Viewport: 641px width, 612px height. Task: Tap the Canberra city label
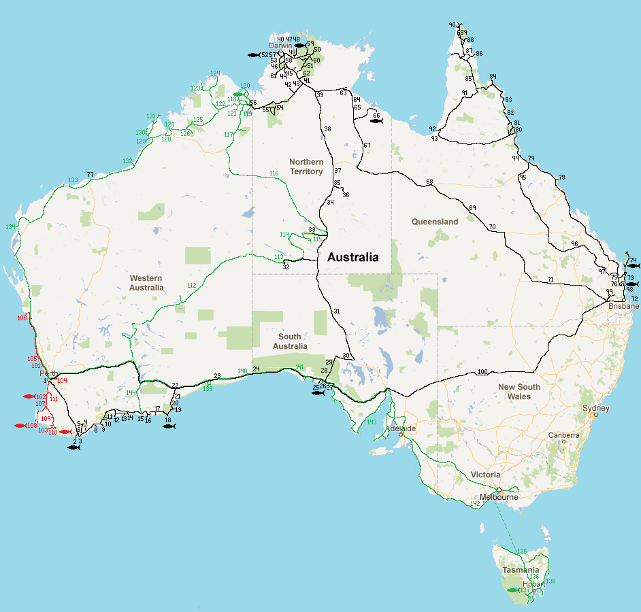tap(565, 435)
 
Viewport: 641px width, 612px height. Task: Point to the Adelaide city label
tap(400, 429)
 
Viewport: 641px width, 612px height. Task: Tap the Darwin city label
tap(280, 46)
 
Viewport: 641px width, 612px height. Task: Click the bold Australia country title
tap(352, 258)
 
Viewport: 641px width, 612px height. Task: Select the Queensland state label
tap(435, 222)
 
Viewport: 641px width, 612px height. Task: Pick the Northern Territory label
tap(306, 167)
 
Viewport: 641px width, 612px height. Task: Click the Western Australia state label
tap(147, 283)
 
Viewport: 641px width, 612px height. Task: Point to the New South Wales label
tap(519, 392)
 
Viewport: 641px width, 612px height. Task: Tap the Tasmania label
tap(521, 570)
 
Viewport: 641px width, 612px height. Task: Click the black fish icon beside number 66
tap(376, 121)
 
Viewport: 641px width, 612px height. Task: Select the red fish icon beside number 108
tap(20, 426)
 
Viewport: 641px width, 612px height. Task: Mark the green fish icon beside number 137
tap(512, 590)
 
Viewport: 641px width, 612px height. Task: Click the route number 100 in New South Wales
tap(482, 372)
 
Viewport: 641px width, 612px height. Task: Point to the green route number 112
tap(191, 285)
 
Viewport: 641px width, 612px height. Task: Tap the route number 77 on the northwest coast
tap(90, 175)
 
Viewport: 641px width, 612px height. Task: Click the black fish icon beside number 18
tap(169, 426)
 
